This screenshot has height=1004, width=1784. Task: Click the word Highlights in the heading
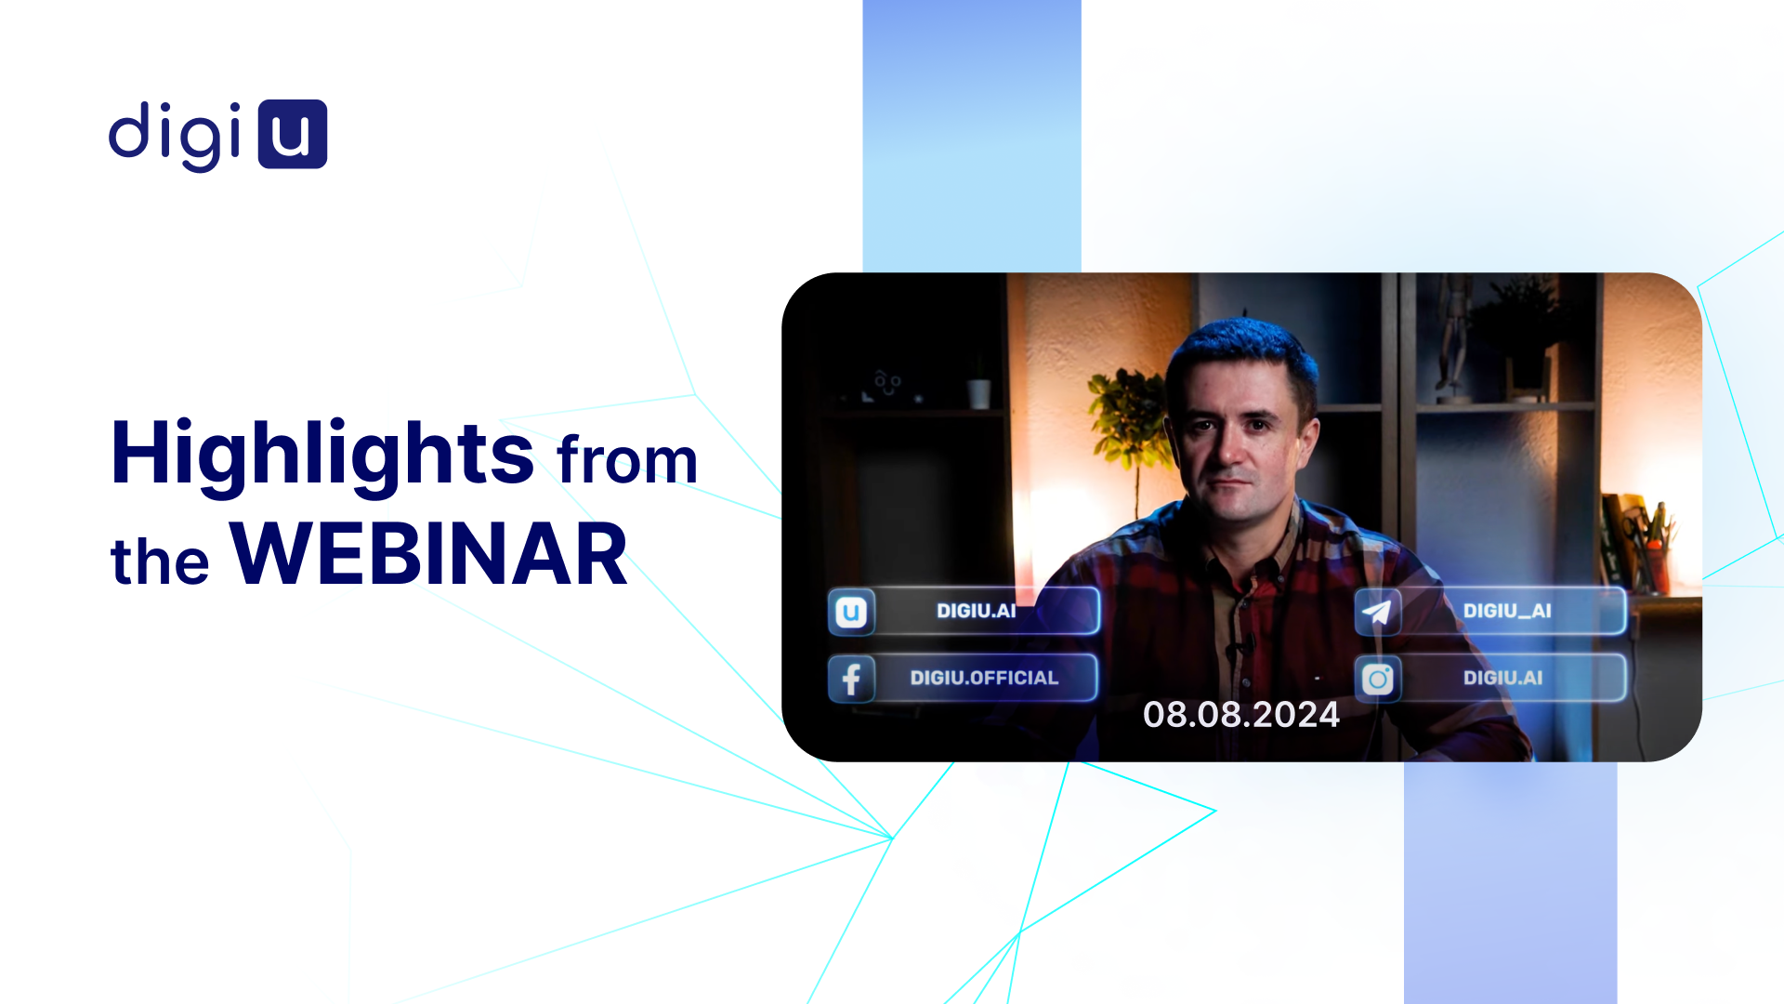(x=322, y=456)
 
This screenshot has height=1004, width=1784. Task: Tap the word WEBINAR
(x=428, y=554)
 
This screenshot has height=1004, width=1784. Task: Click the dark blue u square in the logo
(x=293, y=134)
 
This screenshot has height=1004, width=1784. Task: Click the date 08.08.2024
(x=1241, y=714)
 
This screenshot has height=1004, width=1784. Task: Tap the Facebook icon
(x=851, y=678)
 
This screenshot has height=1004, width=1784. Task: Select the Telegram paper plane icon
(x=1377, y=611)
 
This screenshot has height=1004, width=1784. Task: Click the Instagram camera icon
(x=1378, y=679)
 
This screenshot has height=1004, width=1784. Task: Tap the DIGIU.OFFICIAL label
(x=984, y=678)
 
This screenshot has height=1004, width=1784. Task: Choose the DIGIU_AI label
(x=1507, y=611)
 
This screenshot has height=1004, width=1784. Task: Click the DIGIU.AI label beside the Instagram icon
(x=1502, y=678)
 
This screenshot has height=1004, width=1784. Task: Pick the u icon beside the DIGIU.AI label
(x=851, y=612)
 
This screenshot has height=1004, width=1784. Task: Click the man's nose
(x=1231, y=447)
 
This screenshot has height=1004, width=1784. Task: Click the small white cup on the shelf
(x=978, y=394)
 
